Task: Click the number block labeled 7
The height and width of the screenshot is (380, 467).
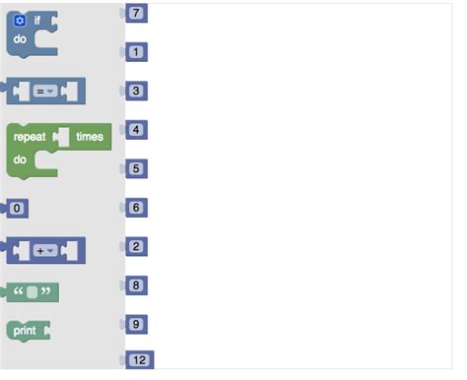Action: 136,13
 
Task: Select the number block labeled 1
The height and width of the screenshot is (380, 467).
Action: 136,51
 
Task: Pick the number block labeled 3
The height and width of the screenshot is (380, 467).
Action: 136,91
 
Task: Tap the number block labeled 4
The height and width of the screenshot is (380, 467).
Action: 136,129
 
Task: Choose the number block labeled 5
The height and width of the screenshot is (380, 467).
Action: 136,168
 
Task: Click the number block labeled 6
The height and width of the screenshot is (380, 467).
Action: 136,208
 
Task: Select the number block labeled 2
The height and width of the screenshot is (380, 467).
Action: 136,246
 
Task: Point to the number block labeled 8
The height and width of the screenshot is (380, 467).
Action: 136,285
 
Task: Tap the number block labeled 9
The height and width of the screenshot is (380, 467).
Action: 136,324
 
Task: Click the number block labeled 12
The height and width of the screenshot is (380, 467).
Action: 138,360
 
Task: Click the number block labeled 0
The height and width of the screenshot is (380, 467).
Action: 17,208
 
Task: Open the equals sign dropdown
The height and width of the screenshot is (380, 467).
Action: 45,92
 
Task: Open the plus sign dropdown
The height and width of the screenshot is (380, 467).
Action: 45,251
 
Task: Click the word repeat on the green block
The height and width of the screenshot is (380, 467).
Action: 30,137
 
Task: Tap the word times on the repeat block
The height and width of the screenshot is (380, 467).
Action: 90,137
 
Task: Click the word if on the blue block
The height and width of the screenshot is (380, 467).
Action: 36,20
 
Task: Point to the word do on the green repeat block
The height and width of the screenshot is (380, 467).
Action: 21,158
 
